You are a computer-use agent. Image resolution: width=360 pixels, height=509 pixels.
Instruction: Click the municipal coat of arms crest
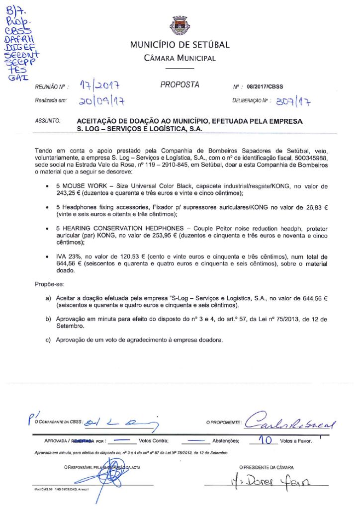pyautogui.click(x=180, y=25)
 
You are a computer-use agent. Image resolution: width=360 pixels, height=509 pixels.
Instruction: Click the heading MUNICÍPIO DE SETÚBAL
pyautogui.click(x=180, y=45)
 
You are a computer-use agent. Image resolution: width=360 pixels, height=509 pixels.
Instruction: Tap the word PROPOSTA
pyautogui.click(x=180, y=85)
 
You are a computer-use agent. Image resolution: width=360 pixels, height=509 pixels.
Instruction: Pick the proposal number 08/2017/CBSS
pyautogui.click(x=265, y=87)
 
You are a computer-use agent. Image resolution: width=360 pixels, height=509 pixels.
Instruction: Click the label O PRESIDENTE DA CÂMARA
pyautogui.click(x=266, y=467)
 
